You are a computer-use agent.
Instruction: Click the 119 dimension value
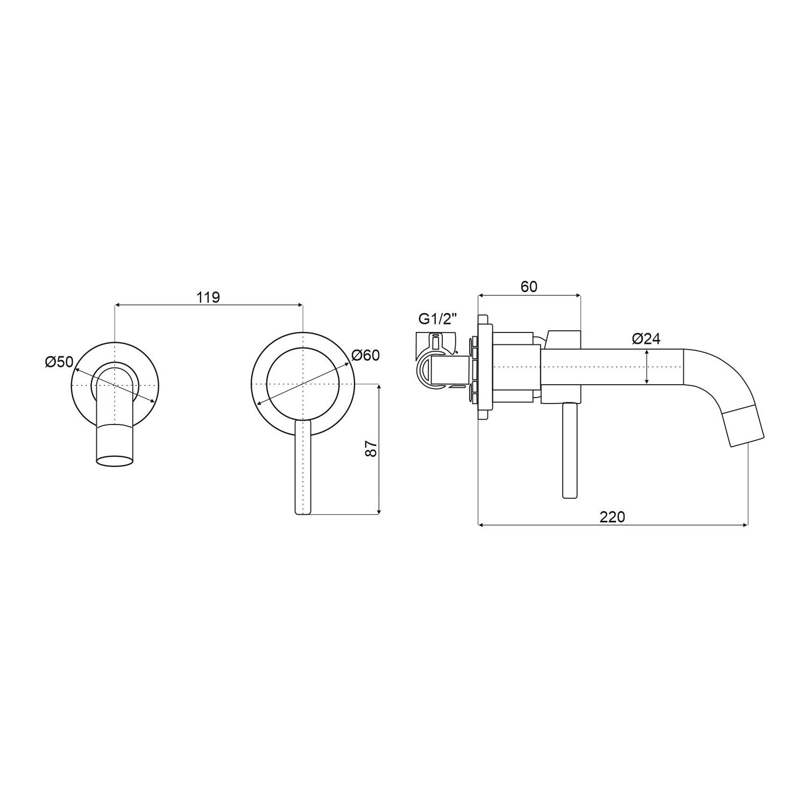tap(208, 297)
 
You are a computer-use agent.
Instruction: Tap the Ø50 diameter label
tap(59, 362)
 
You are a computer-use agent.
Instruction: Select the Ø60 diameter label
tap(366, 355)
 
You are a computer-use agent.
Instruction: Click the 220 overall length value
tap(612, 517)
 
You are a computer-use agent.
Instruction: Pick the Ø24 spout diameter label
tap(646, 338)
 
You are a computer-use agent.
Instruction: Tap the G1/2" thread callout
tap(438, 319)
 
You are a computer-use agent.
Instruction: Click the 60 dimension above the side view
tap(529, 287)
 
